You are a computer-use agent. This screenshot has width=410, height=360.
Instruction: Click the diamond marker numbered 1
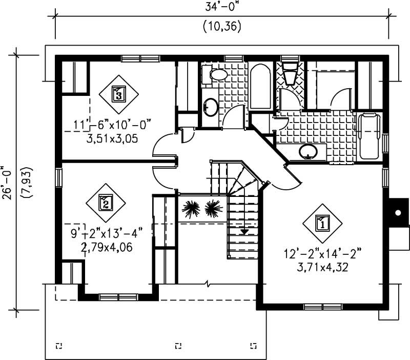(x=322, y=223)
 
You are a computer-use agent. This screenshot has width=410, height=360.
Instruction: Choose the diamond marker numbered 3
(x=118, y=94)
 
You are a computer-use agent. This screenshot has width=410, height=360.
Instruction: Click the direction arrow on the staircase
(x=244, y=231)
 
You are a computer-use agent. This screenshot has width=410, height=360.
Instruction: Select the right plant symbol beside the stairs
(x=213, y=209)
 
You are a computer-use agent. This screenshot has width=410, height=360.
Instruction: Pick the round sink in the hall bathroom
(x=211, y=107)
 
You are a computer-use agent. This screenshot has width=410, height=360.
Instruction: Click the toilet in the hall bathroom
(x=218, y=75)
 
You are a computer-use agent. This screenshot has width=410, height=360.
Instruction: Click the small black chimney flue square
(x=397, y=212)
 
